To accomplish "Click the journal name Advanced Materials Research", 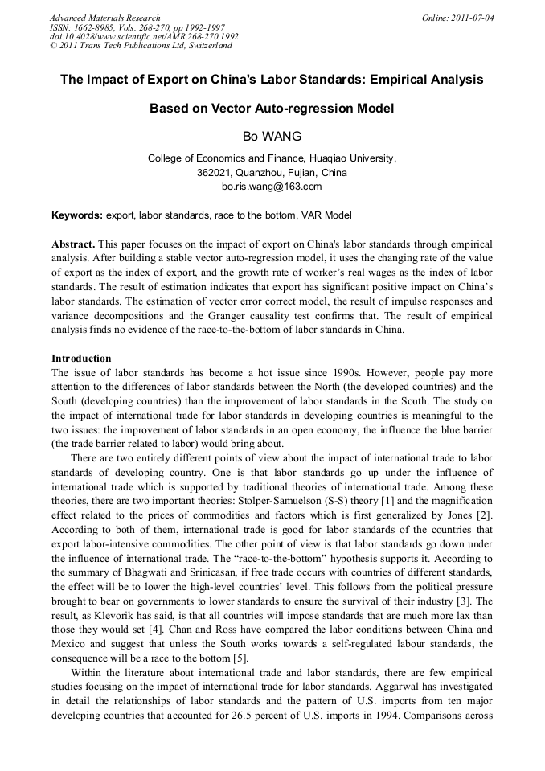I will point(104,18).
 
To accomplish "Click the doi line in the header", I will point(144,36).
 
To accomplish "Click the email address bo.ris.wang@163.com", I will point(272,187).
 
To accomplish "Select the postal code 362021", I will point(214,173).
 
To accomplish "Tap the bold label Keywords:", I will point(77,215).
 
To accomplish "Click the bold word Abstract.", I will point(74,244).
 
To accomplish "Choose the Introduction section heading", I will point(81,358).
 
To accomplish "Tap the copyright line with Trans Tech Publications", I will point(141,46).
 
